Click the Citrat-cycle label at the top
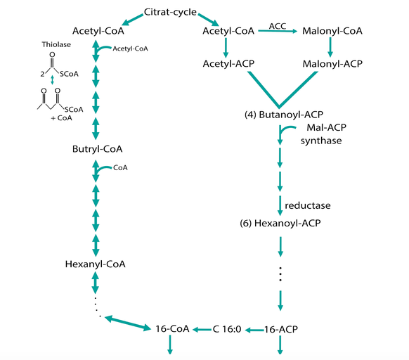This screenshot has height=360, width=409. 170,12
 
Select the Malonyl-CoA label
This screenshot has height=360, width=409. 332,31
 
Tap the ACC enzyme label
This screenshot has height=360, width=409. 278,26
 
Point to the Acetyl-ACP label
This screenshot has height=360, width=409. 228,64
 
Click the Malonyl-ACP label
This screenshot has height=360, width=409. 332,64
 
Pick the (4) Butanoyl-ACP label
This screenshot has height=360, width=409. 284,115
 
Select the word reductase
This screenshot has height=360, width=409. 308,206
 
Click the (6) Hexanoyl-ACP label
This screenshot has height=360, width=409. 280,223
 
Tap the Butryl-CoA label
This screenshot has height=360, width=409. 97,149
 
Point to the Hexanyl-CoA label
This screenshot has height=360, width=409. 95,264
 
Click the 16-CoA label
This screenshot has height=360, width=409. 172,329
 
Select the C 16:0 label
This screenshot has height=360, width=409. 227,329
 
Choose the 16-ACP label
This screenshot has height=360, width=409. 281,330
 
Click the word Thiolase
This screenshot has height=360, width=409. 56,44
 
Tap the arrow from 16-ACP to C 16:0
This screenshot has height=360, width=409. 255,330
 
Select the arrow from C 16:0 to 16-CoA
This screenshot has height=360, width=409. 202,330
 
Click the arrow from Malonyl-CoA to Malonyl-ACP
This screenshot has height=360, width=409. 330,48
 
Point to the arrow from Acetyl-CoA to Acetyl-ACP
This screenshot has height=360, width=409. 226,48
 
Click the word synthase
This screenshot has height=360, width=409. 321,141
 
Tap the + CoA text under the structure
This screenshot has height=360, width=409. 62,118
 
